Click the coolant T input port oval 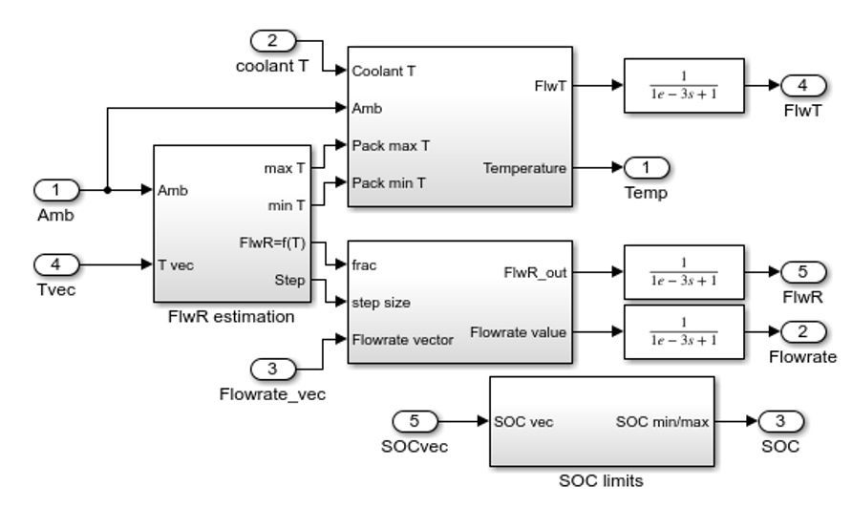(x=273, y=40)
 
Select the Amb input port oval (x=56, y=189)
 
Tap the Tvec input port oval (x=56, y=262)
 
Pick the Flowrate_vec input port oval (x=273, y=368)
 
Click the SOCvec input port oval (x=415, y=419)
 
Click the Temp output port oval (x=647, y=168)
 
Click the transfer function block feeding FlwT (x=683, y=86)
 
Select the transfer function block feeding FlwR (x=683, y=272)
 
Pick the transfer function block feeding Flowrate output (x=683, y=331)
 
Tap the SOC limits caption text (x=601, y=481)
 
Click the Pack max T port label (x=391, y=145)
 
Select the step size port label (x=380, y=303)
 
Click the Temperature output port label (x=525, y=168)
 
